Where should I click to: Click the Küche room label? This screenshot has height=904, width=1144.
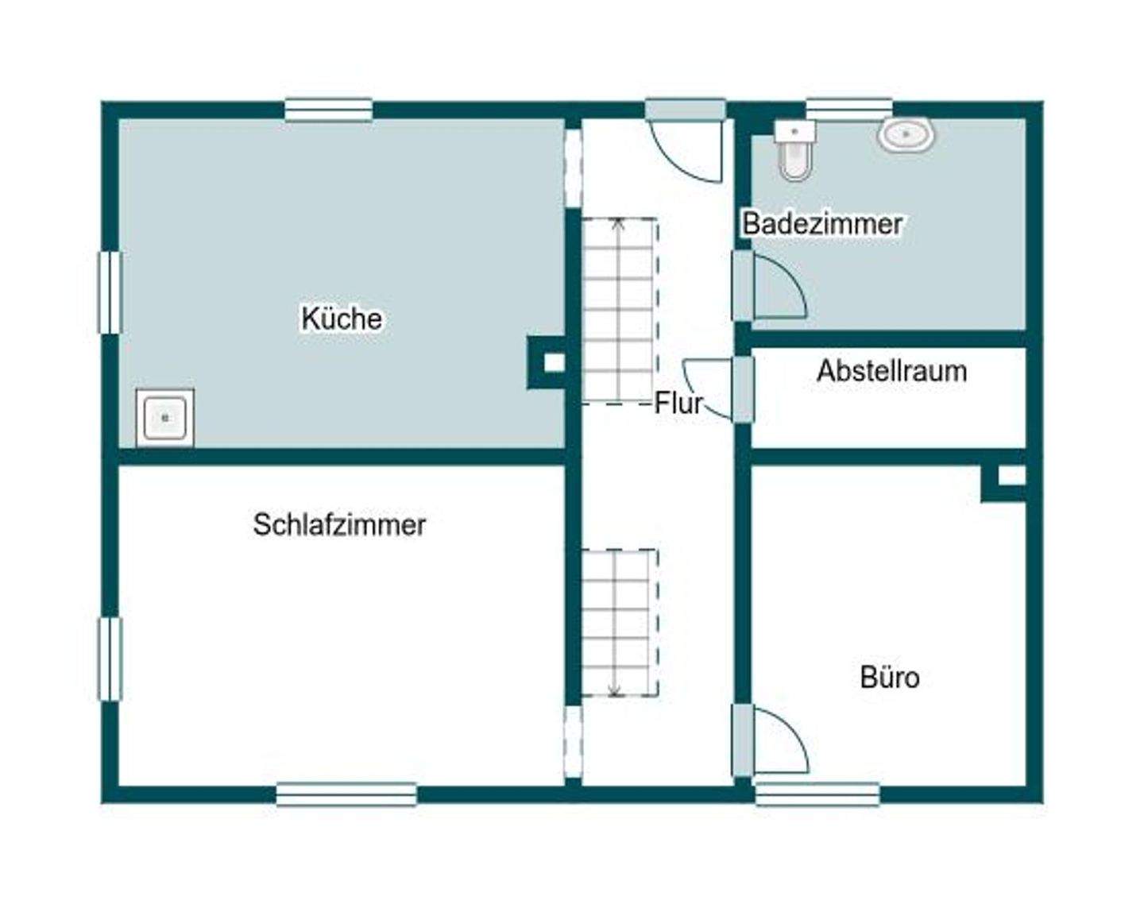click(x=342, y=319)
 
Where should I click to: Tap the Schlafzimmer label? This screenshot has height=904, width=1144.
click(x=339, y=525)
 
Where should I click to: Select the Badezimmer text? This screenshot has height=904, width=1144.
click(x=822, y=224)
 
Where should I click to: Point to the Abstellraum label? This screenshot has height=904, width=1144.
click(x=891, y=371)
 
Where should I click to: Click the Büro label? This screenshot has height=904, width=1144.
click(x=890, y=678)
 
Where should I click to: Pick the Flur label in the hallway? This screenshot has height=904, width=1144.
click(x=678, y=404)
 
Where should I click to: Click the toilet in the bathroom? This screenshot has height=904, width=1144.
click(x=794, y=150)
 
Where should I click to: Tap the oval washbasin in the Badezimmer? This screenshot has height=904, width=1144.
click(x=906, y=135)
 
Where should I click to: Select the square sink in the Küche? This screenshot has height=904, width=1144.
click(x=164, y=417)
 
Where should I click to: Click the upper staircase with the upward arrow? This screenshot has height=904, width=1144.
click(x=620, y=310)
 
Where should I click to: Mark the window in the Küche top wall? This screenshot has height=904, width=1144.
click(x=329, y=110)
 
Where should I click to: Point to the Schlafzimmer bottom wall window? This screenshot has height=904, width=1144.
click(x=346, y=794)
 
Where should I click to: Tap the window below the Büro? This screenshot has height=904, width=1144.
click(x=817, y=794)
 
